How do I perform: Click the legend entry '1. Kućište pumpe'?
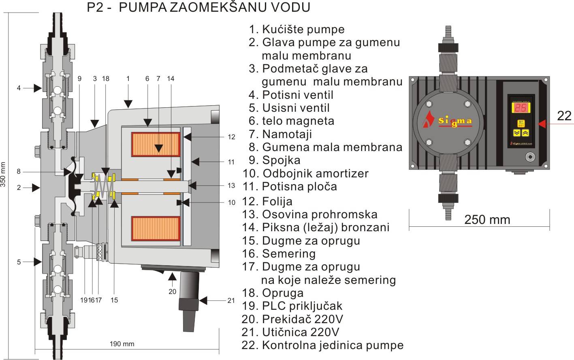297,29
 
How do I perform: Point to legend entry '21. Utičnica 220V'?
290,332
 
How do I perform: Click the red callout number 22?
564,116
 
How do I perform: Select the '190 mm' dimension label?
122,344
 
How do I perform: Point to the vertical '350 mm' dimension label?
3,174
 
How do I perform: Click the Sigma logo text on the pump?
455,121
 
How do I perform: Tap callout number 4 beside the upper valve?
19,87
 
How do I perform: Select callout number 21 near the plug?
231,300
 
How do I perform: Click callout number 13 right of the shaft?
231,185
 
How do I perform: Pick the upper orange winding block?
155,145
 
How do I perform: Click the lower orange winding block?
155,228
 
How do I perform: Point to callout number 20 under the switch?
172,291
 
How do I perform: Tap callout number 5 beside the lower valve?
19,262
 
